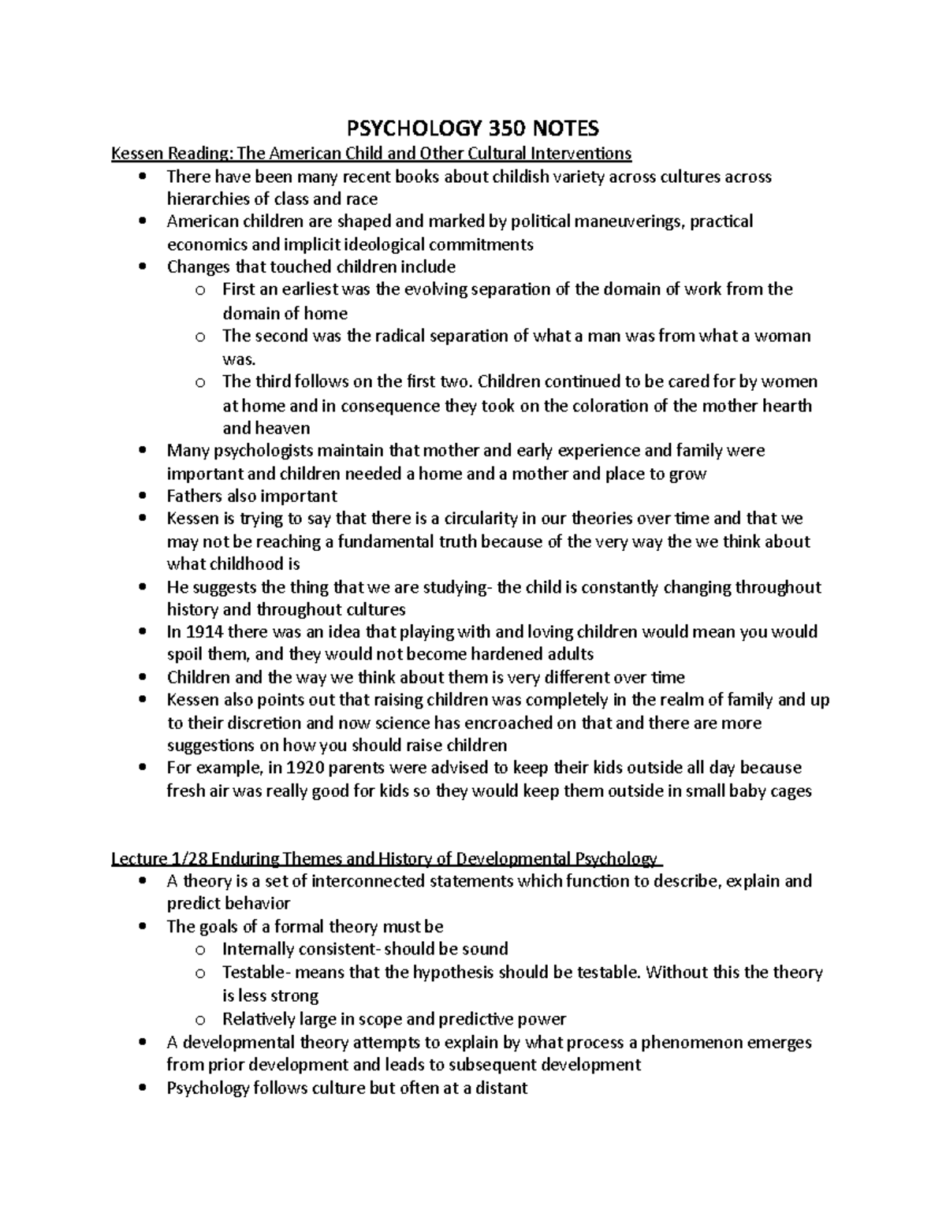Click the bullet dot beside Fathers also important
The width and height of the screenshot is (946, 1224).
pos(142,497)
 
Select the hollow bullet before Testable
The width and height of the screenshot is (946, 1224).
pos(200,973)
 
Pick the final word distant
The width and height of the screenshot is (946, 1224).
pos(501,1088)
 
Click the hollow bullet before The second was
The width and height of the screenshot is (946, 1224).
pos(200,337)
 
